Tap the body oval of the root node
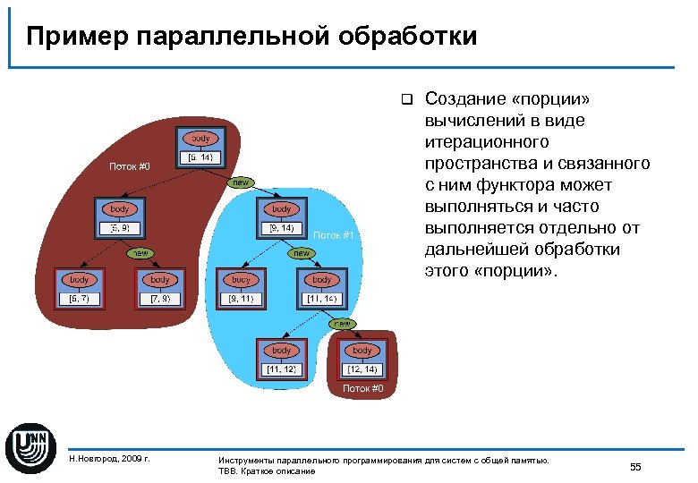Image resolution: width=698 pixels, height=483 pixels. click(x=200, y=139)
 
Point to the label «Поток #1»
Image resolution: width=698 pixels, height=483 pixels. click(x=336, y=235)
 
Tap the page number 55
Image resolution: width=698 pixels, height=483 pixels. click(x=635, y=466)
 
